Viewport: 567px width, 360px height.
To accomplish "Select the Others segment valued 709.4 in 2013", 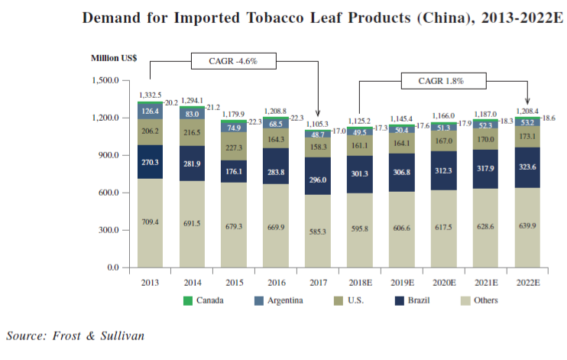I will (150, 222).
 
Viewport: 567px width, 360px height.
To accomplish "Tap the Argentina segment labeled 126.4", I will (150, 111).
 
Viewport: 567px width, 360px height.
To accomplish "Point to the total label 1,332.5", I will (150, 96).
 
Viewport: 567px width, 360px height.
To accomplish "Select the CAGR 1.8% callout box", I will (441, 79).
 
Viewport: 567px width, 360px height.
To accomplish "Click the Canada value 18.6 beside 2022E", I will (549, 118).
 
